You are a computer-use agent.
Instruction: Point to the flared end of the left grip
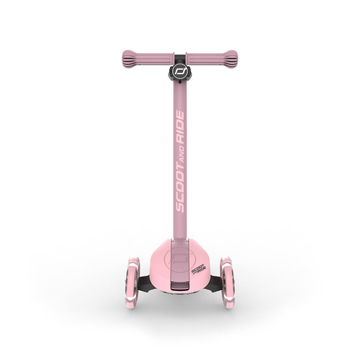pyautogui.click(x=125, y=56)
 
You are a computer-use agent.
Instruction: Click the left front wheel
pyautogui.click(x=130, y=280)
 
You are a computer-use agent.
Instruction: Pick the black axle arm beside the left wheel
pyautogui.click(x=143, y=282)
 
